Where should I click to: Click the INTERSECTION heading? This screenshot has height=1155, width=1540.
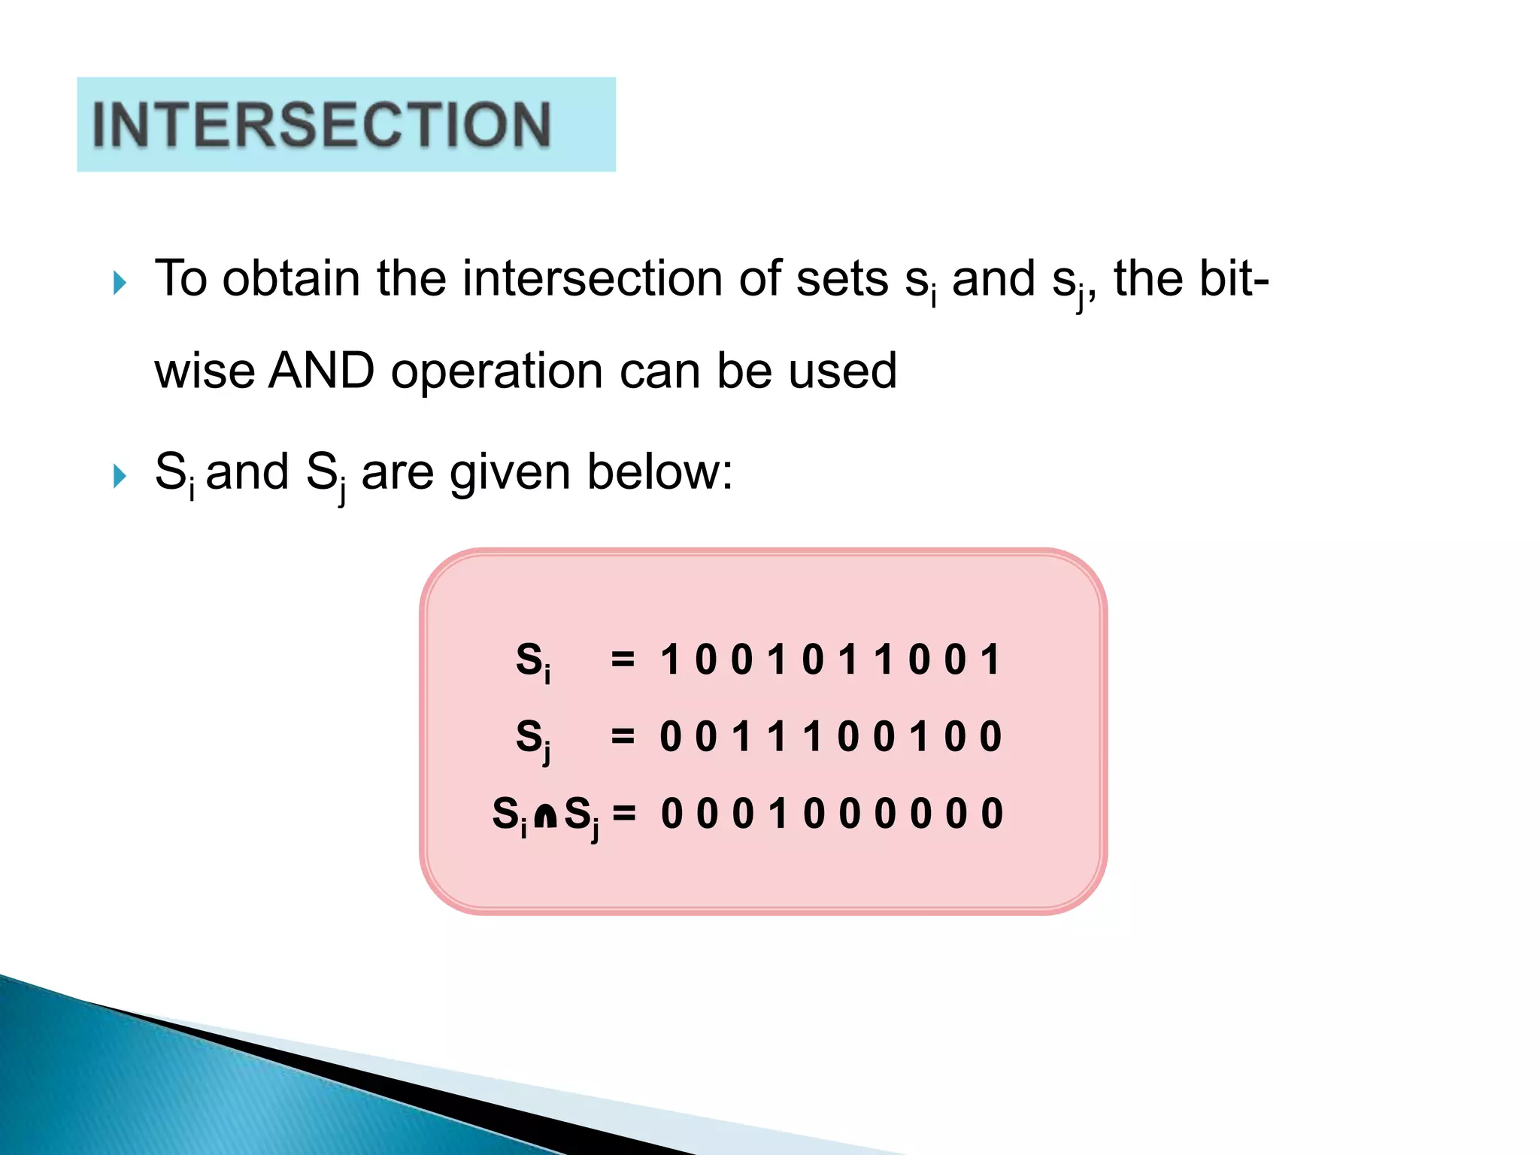[x=322, y=125]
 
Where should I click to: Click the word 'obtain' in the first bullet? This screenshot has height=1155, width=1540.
[x=291, y=279]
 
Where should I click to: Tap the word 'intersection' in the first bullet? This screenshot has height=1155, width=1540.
[x=592, y=279]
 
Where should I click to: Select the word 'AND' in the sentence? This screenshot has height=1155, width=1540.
[x=322, y=371]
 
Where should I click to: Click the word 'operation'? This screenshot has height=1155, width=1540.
[x=496, y=372]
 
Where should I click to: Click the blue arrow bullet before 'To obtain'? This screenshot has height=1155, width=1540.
[x=119, y=283]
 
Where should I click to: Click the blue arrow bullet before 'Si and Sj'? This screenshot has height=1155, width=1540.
[x=119, y=476]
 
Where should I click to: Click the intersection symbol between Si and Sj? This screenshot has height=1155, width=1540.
[x=545, y=815]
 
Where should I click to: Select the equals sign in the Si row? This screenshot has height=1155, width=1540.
[x=623, y=660]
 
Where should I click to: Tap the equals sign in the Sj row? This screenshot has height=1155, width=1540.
[x=623, y=736]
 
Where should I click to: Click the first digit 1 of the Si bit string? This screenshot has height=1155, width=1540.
[x=669, y=660]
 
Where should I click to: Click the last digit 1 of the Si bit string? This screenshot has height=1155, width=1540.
[x=991, y=660]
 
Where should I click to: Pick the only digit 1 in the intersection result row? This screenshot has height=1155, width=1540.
[x=778, y=814]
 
